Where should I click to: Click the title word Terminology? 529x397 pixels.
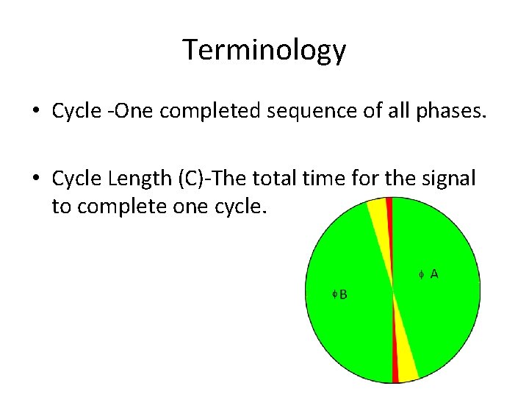[x=264, y=50]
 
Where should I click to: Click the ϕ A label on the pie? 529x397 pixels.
[x=428, y=274]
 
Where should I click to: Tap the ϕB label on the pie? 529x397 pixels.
[x=339, y=294]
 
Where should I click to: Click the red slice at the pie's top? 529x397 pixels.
[x=389, y=213]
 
